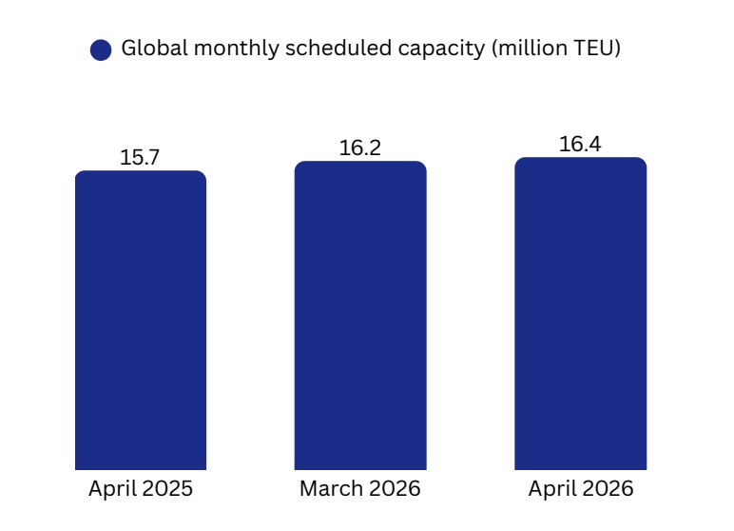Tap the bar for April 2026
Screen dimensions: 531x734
click(x=580, y=313)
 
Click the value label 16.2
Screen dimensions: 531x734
click(x=360, y=148)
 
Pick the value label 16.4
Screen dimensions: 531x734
click(x=580, y=145)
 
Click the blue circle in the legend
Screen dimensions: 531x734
click(x=101, y=50)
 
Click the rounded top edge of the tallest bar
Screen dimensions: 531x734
click(x=580, y=160)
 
